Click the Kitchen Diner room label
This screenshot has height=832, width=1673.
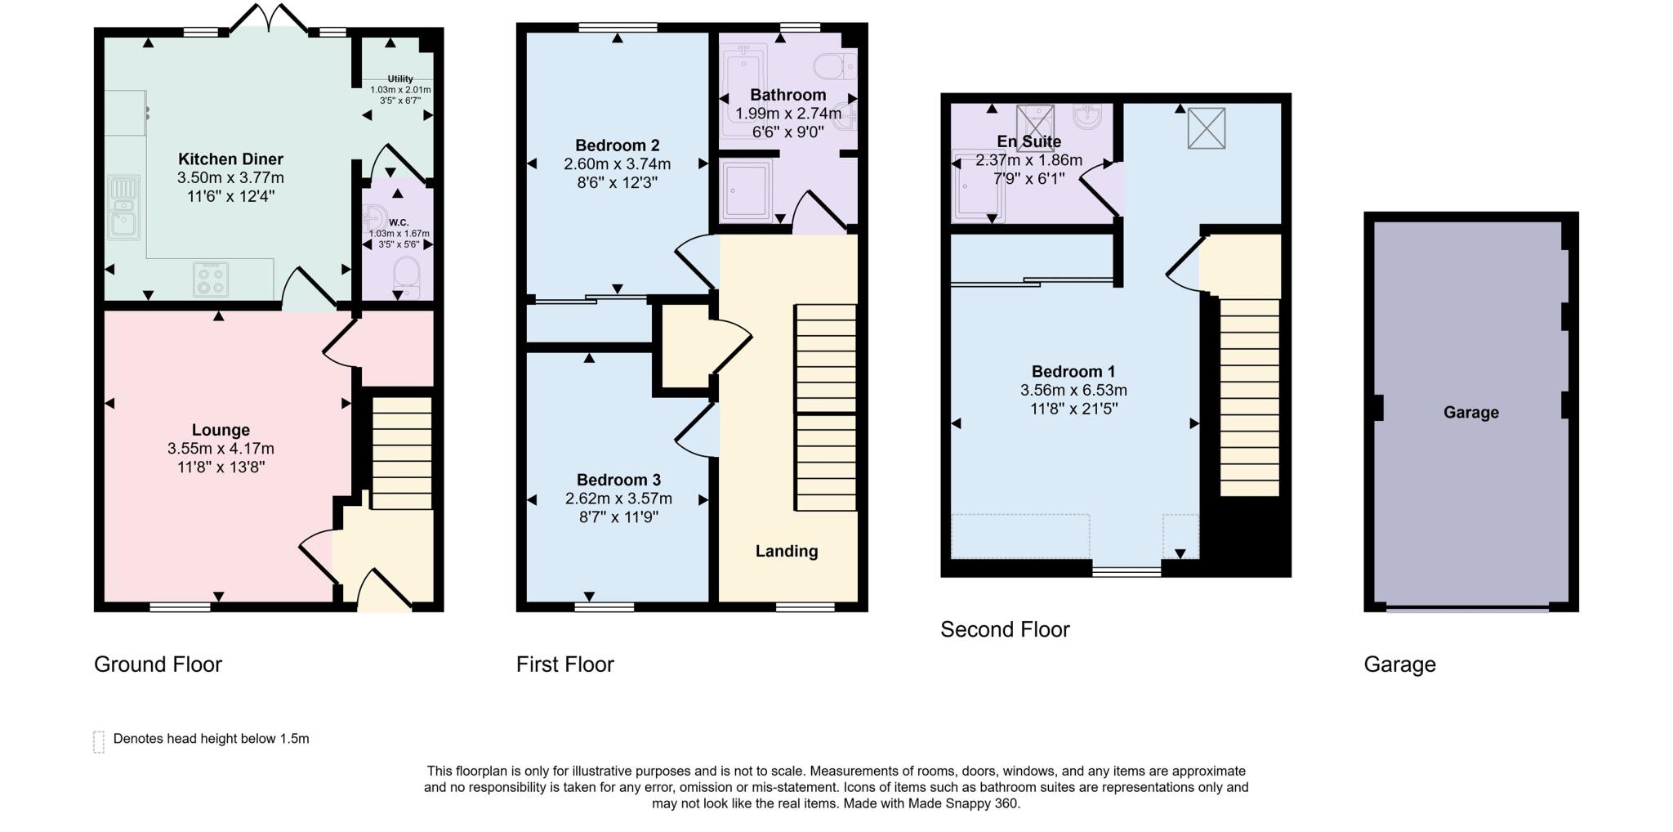(x=230, y=159)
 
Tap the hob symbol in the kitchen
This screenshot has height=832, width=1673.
(x=211, y=280)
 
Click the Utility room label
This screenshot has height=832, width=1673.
(x=400, y=79)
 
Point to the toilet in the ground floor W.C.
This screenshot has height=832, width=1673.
(x=405, y=275)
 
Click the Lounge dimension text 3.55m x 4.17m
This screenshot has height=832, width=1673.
(x=221, y=449)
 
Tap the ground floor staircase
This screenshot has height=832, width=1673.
(x=402, y=454)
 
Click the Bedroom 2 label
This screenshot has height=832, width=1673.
(x=617, y=145)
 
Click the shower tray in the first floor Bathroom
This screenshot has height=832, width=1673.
(x=747, y=190)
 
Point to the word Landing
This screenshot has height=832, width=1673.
(x=786, y=552)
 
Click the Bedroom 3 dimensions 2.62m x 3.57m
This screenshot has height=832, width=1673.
(x=618, y=499)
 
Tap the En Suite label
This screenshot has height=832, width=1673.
(x=1028, y=141)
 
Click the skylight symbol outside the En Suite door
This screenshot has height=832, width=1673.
(x=1206, y=128)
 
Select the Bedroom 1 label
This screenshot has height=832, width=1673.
(x=1073, y=372)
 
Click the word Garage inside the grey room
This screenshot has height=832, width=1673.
(x=1470, y=413)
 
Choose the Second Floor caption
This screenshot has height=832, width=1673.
(x=1004, y=630)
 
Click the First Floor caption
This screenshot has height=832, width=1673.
(x=564, y=664)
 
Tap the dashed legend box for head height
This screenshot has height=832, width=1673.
(x=99, y=741)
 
